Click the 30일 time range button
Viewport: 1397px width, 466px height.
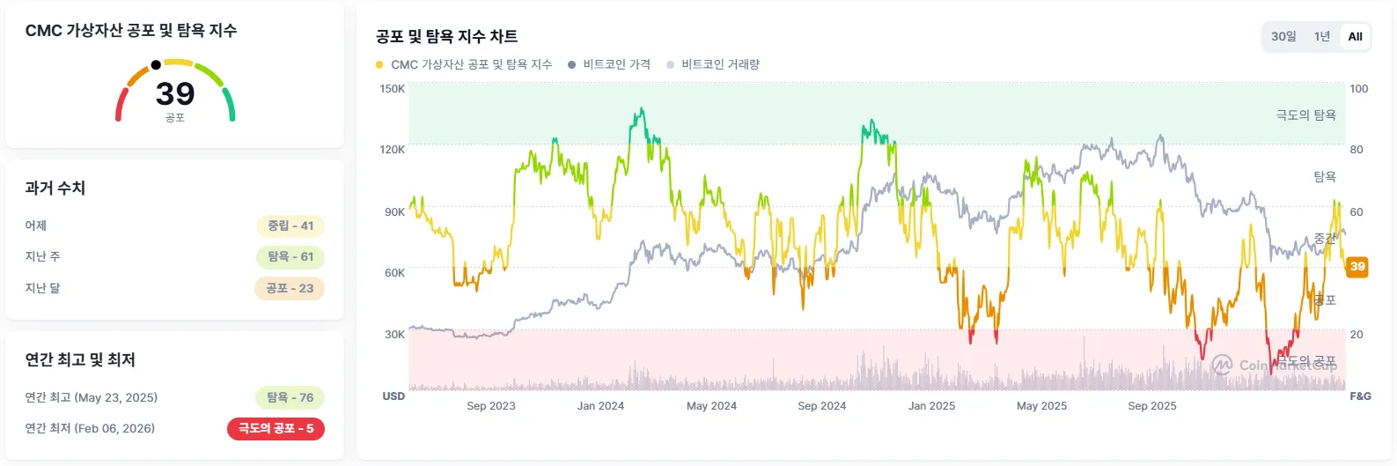pyautogui.click(x=1283, y=36)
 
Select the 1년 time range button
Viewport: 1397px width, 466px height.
pyautogui.click(x=1322, y=36)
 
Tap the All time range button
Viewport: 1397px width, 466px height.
pyautogui.click(x=1355, y=36)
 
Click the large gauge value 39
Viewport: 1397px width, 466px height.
pyautogui.click(x=175, y=93)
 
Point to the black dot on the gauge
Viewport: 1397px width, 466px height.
pyautogui.click(x=156, y=64)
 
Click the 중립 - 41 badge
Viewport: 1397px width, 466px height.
pyautogui.click(x=290, y=226)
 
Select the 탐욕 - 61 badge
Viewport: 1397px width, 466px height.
pyautogui.click(x=290, y=256)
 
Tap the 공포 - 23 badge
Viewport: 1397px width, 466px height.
pyautogui.click(x=290, y=288)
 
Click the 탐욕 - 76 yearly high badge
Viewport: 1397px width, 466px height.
pyautogui.click(x=290, y=397)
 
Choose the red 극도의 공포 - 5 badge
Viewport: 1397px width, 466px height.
pyautogui.click(x=276, y=428)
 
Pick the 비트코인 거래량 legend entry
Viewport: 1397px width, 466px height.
pyautogui.click(x=720, y=64)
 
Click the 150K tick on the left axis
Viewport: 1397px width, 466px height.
pyautogui.click(x=392, y=89)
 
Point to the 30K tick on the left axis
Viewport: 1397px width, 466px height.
pyautogui.click(x=394, y=335)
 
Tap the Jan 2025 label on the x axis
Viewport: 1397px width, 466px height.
pyautogui.click(x=931, y=406)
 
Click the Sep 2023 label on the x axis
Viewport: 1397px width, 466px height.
pyautogui.click(x=491, y=406)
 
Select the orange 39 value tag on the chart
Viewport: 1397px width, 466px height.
pyautogui.click(x=1357, y=266)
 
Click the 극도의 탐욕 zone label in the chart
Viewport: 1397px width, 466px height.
pyautogui.click(x=1305, y=115)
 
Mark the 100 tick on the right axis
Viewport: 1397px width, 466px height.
pyautogui.click(x=1359, y=89)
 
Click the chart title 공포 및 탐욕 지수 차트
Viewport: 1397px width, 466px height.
pyautogui.click(x=446, y=36)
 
